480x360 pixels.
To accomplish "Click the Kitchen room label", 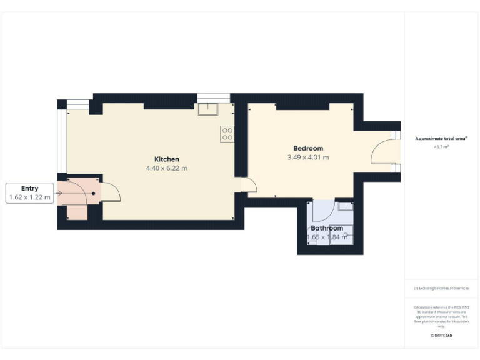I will [167, 159].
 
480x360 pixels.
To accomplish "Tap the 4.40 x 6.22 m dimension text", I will [167, 168].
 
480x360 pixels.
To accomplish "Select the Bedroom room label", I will [308, 148].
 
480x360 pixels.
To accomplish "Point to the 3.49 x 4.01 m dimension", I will [308, 157].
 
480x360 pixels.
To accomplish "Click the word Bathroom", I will [327, 228].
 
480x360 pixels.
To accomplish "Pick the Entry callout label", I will [29, 188].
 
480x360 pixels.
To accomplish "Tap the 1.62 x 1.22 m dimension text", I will [29, 197].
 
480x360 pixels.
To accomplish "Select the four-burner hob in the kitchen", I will [227, 133].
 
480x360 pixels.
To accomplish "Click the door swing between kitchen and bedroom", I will [250, 186].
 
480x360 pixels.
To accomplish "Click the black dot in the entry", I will [94, 194].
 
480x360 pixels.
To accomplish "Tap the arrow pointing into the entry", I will [59, 192].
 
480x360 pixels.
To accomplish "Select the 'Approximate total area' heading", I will [441, 139].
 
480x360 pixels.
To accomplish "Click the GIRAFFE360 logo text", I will [441, 336].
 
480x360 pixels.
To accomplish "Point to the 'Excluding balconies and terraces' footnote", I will [441, 288].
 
